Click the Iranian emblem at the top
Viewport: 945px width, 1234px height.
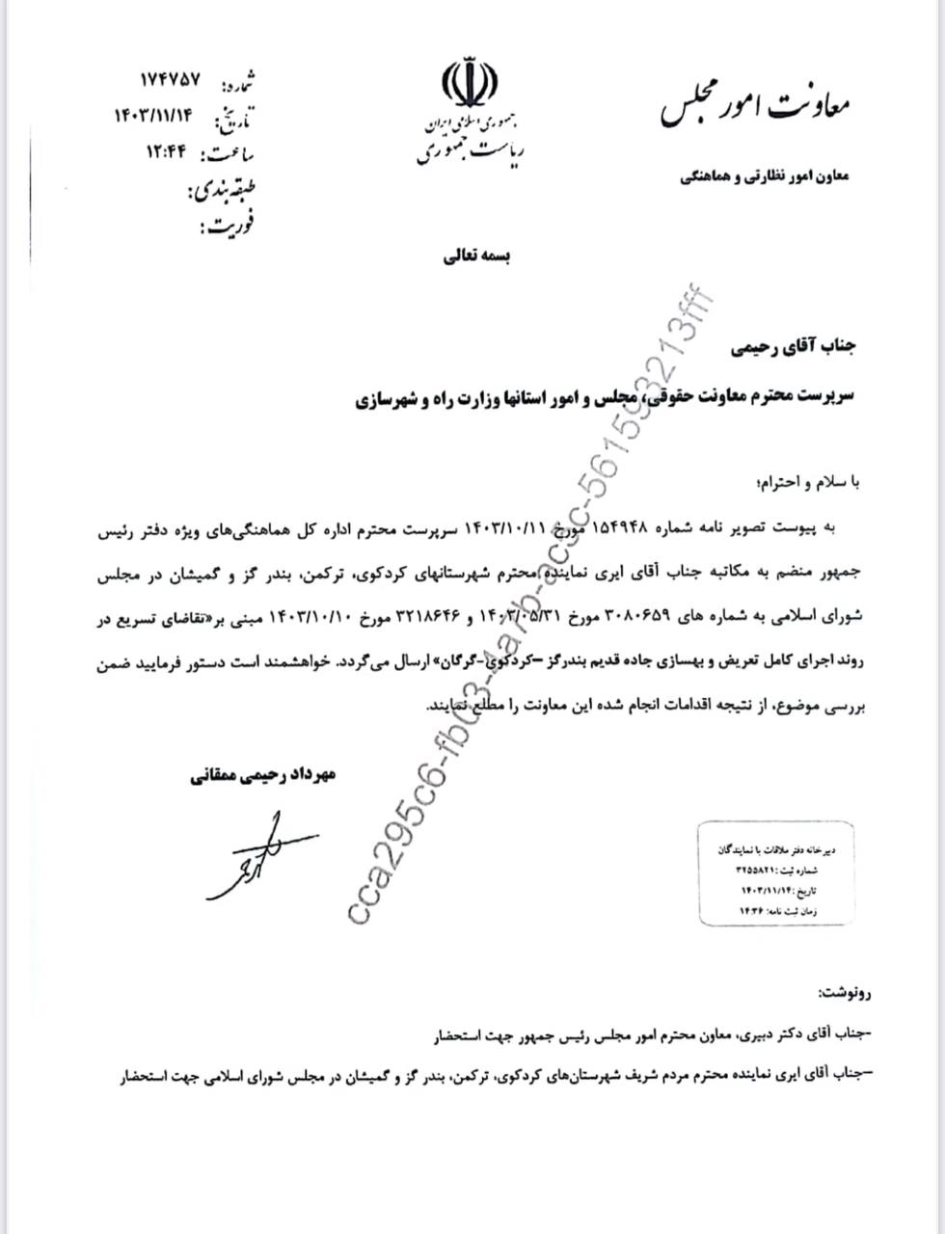pyautogui.click(x=470, y=85)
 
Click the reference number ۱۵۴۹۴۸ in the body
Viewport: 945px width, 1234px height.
pyautogui.click(x=614, y=528)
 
